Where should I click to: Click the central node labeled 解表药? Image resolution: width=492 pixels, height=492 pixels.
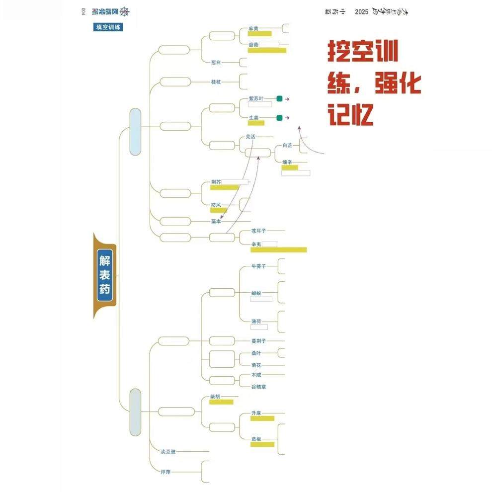tap(105, 275)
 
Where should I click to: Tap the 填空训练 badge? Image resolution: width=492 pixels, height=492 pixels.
tap(108, 27)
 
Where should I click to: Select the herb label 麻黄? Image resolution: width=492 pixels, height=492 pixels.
tap(253, 28)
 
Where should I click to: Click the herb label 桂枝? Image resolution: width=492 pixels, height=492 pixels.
tap(216, 82)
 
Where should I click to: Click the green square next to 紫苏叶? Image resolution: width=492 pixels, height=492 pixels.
tap(279, 99)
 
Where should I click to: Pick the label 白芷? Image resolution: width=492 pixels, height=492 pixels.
tap(287, 146)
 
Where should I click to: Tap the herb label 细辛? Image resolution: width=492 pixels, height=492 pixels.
tap(287, 162)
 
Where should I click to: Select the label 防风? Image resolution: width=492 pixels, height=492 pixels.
tap(216, 205)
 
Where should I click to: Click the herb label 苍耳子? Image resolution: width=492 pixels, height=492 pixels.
tap(259, 231)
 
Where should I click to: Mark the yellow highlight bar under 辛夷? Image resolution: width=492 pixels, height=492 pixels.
tap(278, 249)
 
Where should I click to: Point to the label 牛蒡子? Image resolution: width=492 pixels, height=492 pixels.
tap(259, 266)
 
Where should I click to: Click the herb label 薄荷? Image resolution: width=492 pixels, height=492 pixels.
tap(256, 322)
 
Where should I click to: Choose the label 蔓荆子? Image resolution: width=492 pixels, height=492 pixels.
tap(259, 341)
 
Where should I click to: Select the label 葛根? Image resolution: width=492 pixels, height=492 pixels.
tap(256, 439)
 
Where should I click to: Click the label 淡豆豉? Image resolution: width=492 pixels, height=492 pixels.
tap(168, 452)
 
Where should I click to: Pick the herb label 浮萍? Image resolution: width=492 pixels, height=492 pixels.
tap(165, 471)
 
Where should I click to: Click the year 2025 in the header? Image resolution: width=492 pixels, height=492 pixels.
tap(362, 12)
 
